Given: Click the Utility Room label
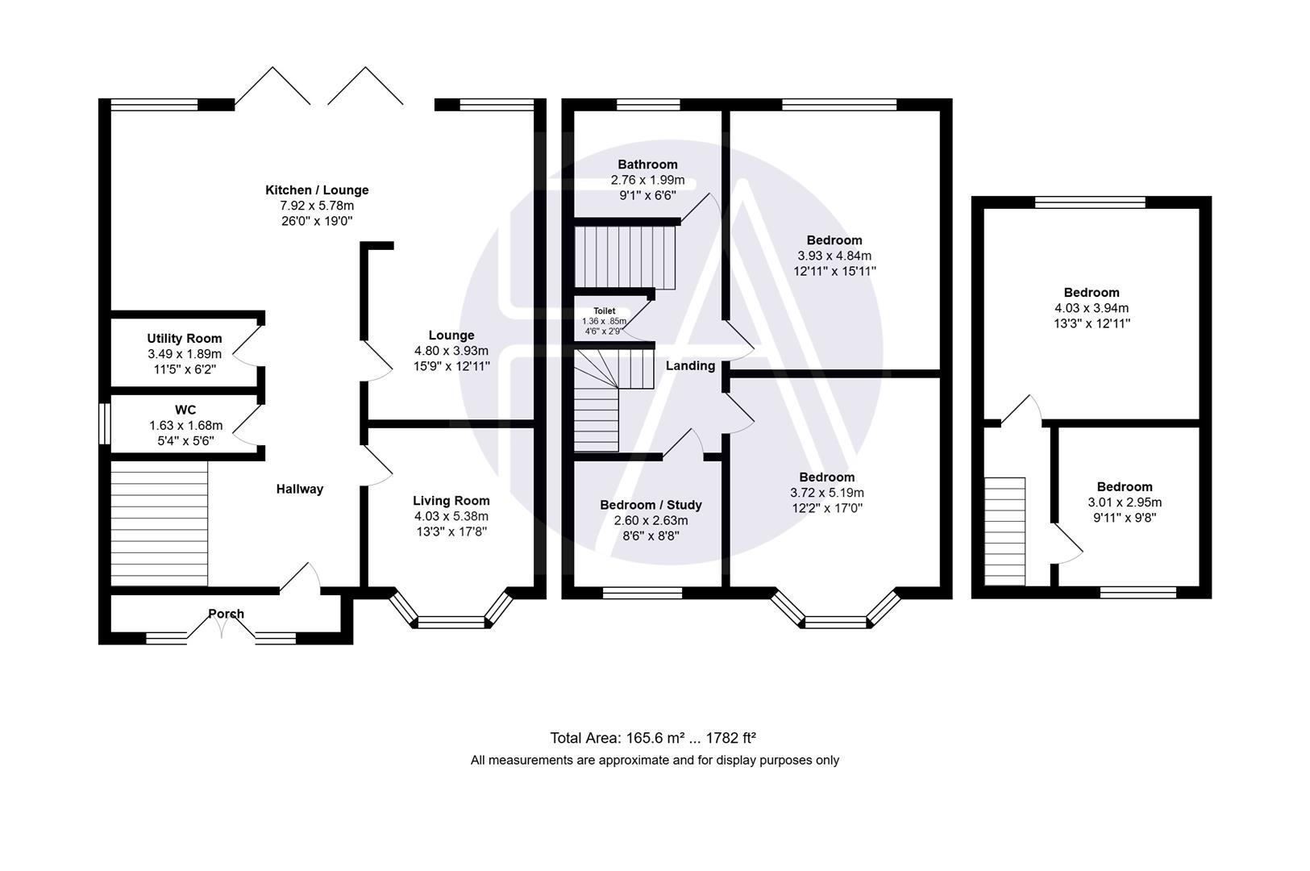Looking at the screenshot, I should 184,339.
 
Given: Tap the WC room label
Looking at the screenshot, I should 185,410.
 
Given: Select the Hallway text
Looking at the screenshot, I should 299,489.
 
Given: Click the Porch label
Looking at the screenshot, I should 226,614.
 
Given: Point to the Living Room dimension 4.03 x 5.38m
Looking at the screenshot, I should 451,516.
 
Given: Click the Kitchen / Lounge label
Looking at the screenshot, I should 317,190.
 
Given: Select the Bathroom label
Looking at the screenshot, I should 647,165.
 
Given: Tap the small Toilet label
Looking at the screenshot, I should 604,311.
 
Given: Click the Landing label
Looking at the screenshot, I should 690,366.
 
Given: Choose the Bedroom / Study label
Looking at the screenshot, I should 651,505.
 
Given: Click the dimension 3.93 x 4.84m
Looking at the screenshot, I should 834,256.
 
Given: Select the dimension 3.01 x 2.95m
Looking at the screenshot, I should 1125,502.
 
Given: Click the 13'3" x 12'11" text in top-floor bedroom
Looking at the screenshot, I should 1092,323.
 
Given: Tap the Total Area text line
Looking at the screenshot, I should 652,737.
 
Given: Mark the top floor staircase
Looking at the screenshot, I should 1004,531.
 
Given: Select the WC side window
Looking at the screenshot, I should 104,423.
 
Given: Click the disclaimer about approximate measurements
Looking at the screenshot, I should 655,760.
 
